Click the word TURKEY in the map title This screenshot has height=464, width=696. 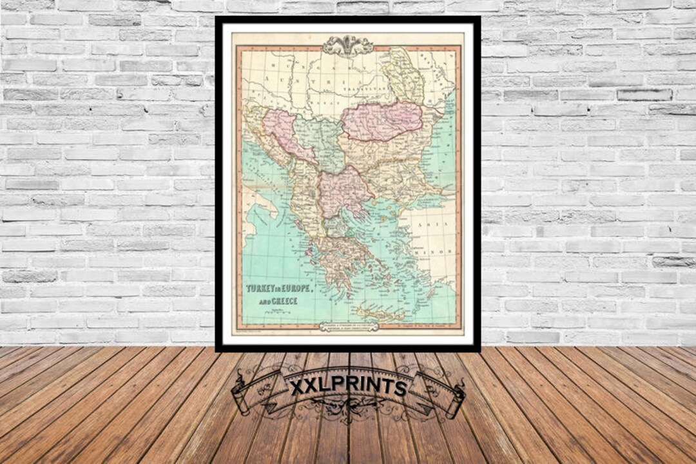point(260,289)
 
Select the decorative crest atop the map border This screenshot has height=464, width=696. point(348,45)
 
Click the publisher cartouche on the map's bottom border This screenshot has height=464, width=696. point(349,327)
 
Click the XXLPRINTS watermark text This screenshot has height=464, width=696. point(348,387)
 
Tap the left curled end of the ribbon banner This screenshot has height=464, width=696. point(239,396)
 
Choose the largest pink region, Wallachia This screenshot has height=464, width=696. point(382,121)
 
